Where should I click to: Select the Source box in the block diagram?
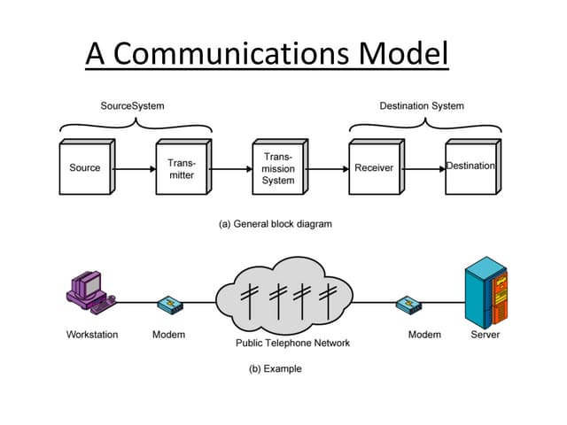tap(85, 168)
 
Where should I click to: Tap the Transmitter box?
tap(181, 168)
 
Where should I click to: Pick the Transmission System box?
tap(278, 168)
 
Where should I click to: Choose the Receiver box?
tap(374, 168)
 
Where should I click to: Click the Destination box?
tap(470, 167)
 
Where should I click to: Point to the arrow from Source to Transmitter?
tap(134, 168)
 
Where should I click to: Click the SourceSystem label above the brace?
tap(132, 106)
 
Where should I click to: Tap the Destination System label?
tap(422, 106)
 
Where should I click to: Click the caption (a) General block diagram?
tap(276, 224)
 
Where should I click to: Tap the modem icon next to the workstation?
tap(168, 304)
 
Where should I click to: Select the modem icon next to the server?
tap(408, 304)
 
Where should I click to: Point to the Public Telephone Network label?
tap(292, 343)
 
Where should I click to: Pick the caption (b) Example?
tap(276, 368)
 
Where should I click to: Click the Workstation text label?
tap(92, 335)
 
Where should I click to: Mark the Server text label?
tap(485, 335)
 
